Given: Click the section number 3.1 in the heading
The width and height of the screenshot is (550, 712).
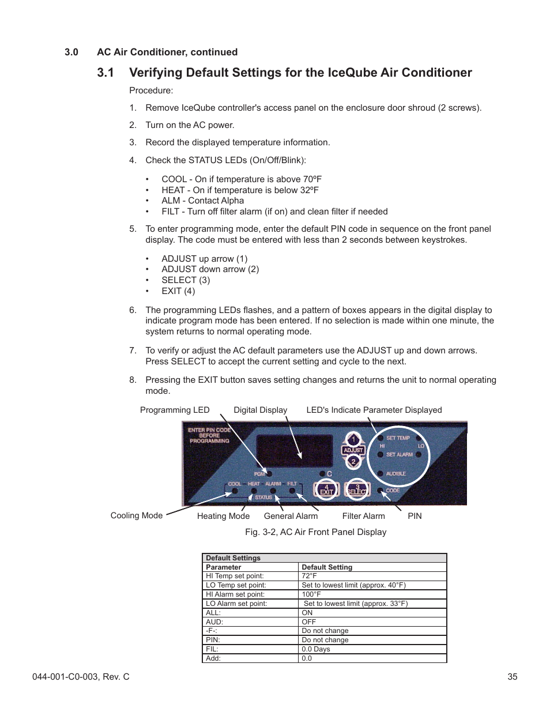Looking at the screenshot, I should point(106,73).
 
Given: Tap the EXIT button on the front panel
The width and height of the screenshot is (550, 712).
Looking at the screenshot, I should point(326,489).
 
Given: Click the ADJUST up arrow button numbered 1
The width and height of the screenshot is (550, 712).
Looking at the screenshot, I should point(353,439).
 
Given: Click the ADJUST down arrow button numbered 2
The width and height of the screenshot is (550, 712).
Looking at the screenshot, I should point(353,461).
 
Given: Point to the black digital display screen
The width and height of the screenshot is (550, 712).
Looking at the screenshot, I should point(294,451).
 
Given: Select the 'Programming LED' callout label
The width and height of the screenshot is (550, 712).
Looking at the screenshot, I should point(175,410).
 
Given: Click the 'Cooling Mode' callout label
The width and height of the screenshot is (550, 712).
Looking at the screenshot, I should point(137,515).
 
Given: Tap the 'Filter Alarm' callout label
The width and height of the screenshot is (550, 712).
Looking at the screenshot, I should point(363,516).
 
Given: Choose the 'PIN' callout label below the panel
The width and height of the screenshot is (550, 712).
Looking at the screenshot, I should point(415,516).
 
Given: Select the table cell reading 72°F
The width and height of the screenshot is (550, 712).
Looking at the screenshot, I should point(310,576).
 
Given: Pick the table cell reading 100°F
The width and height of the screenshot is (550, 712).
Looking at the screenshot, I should point(311,594).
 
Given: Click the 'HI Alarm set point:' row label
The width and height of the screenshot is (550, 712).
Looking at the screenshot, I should point(235,594).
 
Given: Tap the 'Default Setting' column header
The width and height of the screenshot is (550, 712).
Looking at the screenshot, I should point(327,567).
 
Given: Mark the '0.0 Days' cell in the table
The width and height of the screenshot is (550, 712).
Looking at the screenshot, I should point(316,649).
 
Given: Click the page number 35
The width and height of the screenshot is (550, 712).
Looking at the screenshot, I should point(512,677).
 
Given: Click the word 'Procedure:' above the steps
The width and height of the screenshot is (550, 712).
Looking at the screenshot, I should point(151,91).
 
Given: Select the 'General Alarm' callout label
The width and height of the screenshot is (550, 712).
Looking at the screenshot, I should point(291,516).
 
